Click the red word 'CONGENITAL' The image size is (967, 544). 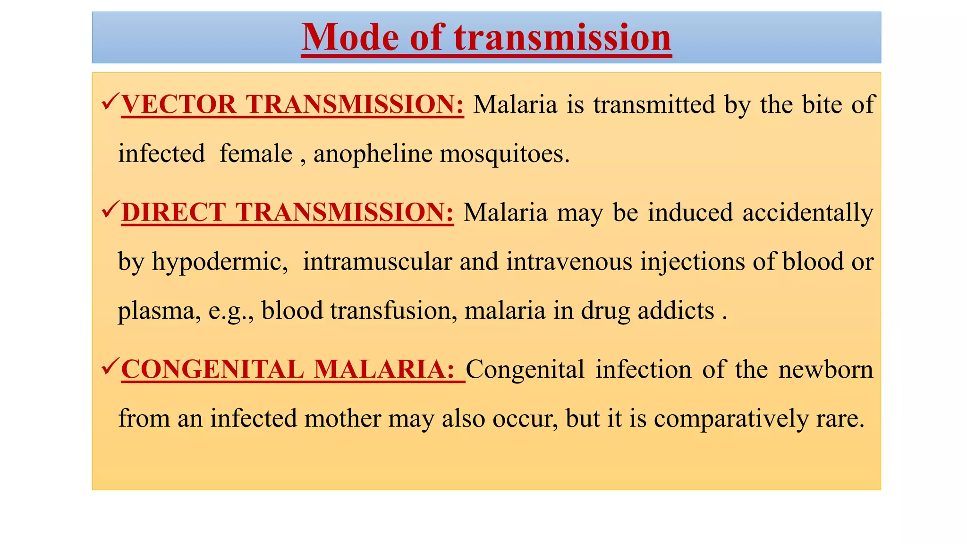click(212, 369)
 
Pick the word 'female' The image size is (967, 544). click(256, 154)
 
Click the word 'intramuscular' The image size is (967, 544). click(377, 262)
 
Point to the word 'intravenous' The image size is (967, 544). click(569, 262)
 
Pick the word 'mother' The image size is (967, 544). click(342, 418)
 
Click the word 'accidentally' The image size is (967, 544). click(808, 213)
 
